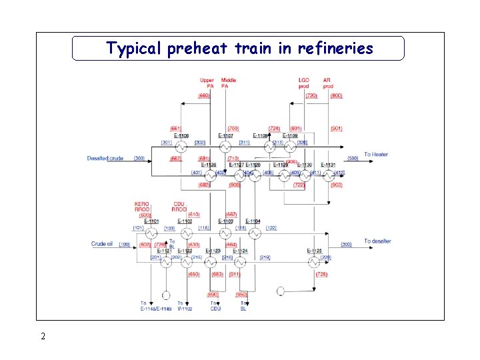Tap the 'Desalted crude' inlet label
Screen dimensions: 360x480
(x=105, y=158)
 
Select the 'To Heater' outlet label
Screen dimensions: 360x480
(x=375, y=155)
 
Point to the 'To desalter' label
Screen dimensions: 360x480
(x=377, y=241)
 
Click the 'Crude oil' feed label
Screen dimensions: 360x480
(x=103, y=244)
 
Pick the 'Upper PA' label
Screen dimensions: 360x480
(x=207, y=83)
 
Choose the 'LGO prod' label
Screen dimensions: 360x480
(x=304, y=83)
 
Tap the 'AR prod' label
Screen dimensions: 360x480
(x=328, y=83)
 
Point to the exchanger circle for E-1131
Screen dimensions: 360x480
(x=327, y=176)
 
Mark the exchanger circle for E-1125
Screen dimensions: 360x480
(x=314, y=262)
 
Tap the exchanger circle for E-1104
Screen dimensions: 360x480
(x=253, y=233)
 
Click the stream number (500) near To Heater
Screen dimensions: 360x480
(x=353, y=158)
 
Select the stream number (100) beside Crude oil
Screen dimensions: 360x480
(x=125, y=245)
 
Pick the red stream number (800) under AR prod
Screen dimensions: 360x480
(x=336, y=95)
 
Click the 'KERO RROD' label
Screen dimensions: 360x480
(x=142, y=206)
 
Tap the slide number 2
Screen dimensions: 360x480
(x=43, y=336)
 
